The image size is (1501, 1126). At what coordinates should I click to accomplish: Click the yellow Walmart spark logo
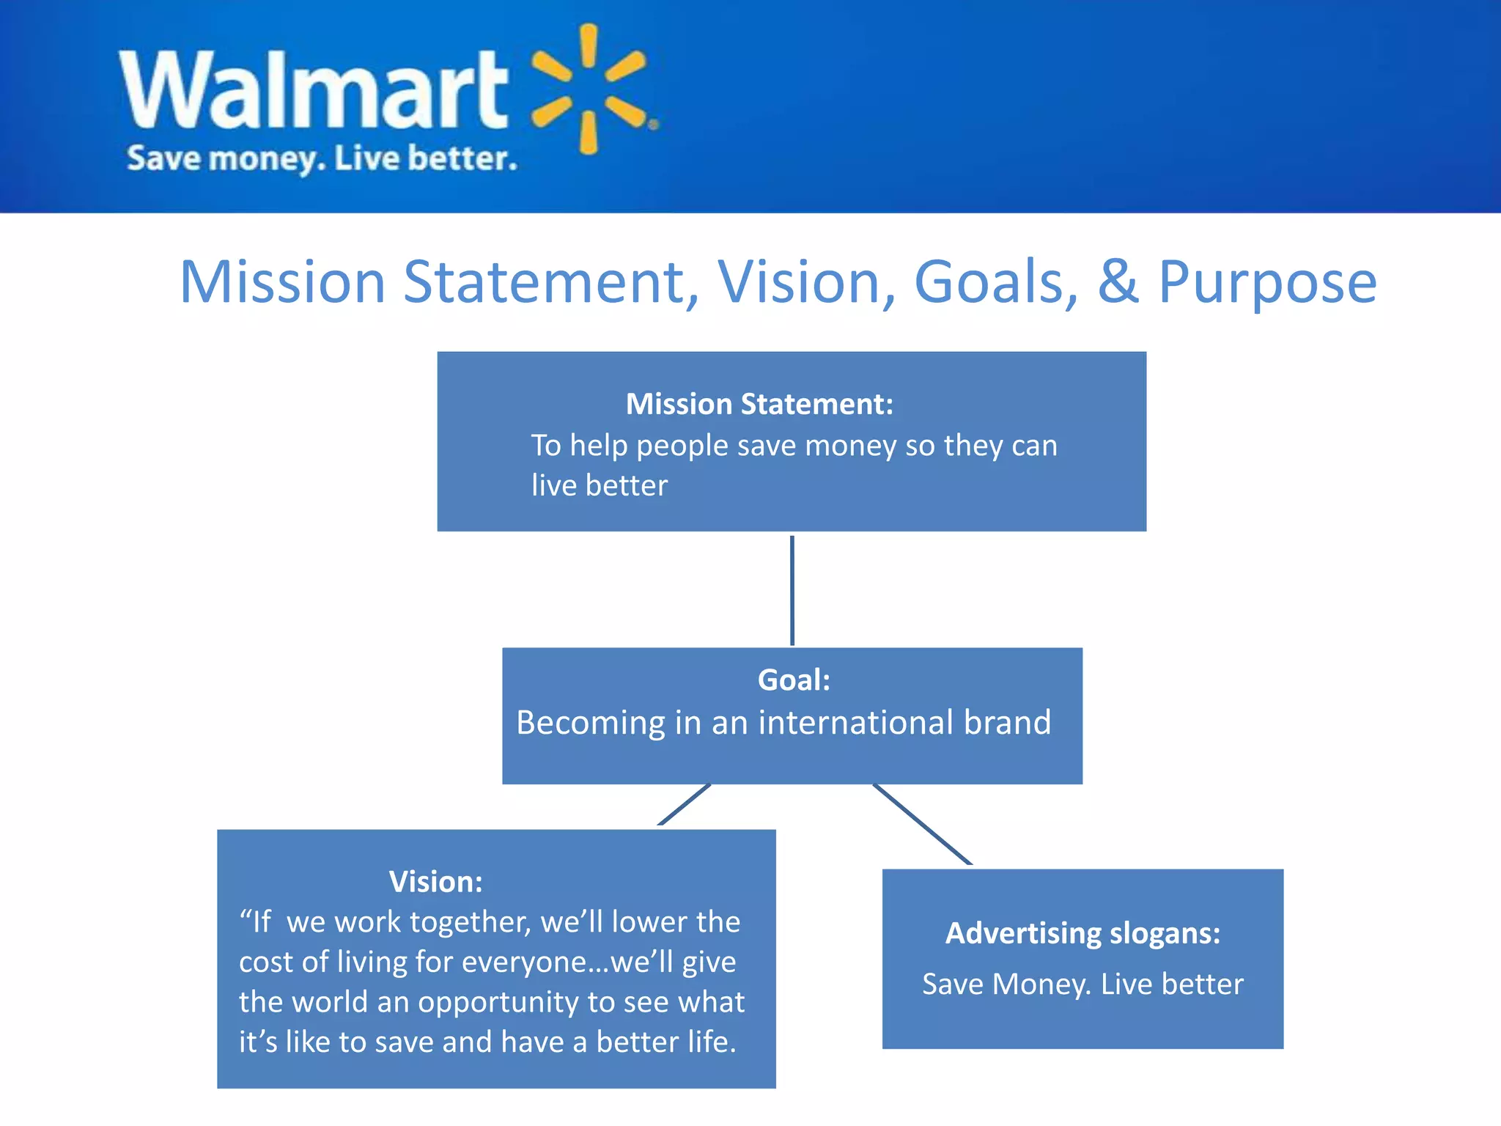pyautogui.click(x=591, y=89)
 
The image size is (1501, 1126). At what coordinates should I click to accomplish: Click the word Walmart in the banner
pyautogui.click(x=314, y=90)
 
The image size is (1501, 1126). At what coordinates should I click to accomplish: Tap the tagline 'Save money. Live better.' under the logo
pyautogui.click(x=322, y=158)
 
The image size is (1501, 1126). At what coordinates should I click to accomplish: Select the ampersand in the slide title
pyautogui.click(x=1118, y=282)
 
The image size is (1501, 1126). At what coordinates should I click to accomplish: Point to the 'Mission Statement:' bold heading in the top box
pyautogui.click(x=759, y=404)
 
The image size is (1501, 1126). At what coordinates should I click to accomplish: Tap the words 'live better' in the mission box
pyautogui.click(x=600, y=485)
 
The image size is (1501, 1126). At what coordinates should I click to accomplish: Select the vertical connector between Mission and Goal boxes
pyautogui.click(x=792, y=589)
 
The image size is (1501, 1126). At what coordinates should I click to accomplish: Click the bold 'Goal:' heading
pyautogui.click(x=794, y=680)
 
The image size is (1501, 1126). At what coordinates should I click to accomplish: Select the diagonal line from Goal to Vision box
pyautogui.click(x=684, y=805)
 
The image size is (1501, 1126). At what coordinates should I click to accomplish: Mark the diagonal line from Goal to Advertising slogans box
pyautogui.click(x=922, y=825)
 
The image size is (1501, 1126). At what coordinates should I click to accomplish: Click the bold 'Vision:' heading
pyautogui.click(x=435, y=881)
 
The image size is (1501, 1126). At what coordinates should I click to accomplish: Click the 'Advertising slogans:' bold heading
pyautogui.click(x=1083, y=933)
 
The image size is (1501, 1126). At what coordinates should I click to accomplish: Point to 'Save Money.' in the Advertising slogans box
pyautogui.click(x=1006, y=984)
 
